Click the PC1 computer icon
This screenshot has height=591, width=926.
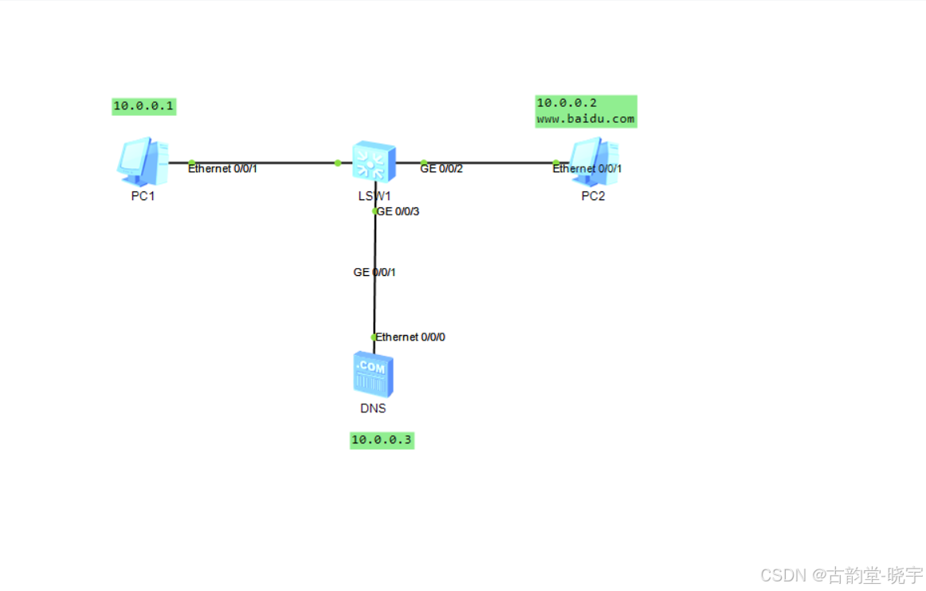point(142,160)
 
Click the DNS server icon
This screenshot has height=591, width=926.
point(373,375)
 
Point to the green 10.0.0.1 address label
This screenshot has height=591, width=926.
point(143,105)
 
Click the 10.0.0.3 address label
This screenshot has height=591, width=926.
point(382,439)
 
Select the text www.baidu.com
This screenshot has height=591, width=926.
point(586,120)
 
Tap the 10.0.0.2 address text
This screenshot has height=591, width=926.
point(567,103)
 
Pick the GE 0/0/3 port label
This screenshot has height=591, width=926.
point(398,211)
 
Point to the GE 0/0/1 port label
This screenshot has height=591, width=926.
point(375,272)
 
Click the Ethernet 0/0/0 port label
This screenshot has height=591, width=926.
point(411,337)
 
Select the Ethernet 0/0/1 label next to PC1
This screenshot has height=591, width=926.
point(223,168)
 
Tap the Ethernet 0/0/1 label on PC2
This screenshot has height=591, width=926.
point(587,168)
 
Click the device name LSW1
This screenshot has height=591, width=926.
point(374,196)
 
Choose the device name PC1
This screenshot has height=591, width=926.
point(143,196)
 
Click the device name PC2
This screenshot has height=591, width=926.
point(593,196)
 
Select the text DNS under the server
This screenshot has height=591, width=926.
point(373,408)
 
